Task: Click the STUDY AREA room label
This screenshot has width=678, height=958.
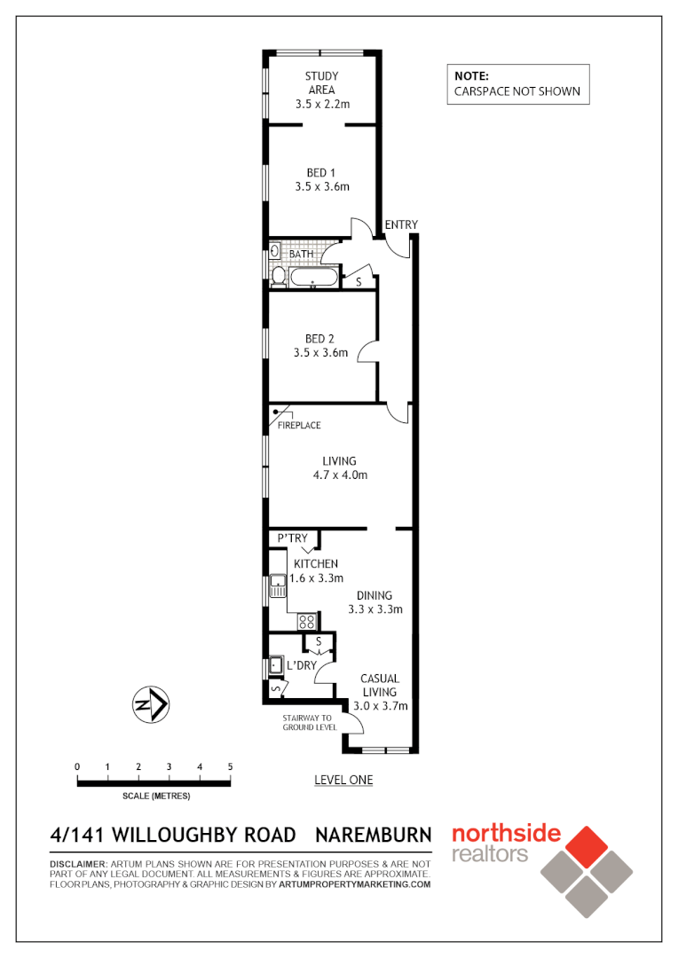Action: pyautogui.click(x=322, y=83)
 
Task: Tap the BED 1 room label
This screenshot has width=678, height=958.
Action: pyautogui.click(x=322, y=172)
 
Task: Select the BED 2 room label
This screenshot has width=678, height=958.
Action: pyautogui.click(x=320, y=338)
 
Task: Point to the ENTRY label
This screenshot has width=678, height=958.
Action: pyautogui.click(x=401, y=224)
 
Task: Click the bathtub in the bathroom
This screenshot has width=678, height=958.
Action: pyautogui.click(x=314, y=280)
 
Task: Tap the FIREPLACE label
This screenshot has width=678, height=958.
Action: pyautogui.click(x=299, y=426)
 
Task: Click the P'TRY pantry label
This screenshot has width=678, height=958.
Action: pyautogui.click(x=292, y=538)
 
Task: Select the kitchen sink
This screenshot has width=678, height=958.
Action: pyautogui.click(x=279, y=585)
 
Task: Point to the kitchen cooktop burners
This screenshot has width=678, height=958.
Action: pyautogui.click(x=307, y=621)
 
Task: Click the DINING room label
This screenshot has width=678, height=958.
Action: pyautogui.click(x=374, y=595)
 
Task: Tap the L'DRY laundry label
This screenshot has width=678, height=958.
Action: pyautogui.click(x=302, y=665)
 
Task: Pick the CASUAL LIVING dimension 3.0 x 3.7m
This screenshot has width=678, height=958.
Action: pyautogui.click(x=380, y=706)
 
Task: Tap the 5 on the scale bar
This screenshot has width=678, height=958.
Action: pyautogui.click(x=230, y=766)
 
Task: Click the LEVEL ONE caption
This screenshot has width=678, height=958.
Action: pyautogui.click(x=343, y=780)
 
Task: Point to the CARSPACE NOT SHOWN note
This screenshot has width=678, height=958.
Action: pyautogui.click(x=517, y=90)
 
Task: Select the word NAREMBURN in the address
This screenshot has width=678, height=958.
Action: pyautogui.click(x=374, y=835)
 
